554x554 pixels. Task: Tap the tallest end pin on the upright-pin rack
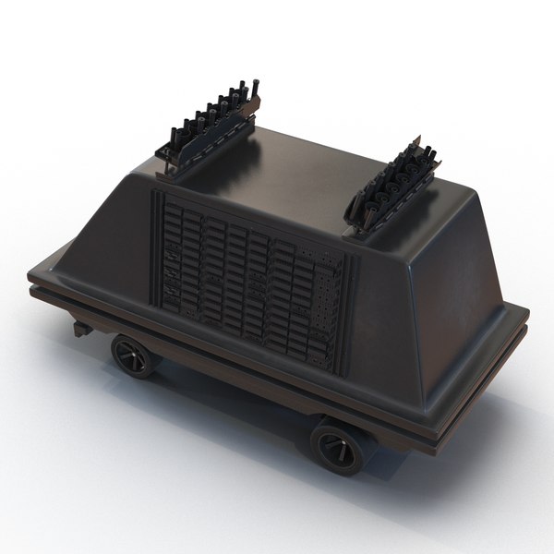(258, 92)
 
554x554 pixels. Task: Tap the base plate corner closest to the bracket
(32, 277)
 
